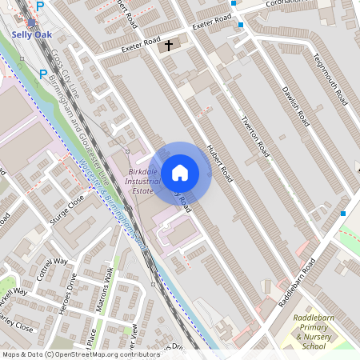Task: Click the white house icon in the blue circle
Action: tap(180, 172)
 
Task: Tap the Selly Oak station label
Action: tap(32, 34)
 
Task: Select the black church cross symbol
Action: tap(169, 46)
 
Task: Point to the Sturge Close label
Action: tap(66, 210)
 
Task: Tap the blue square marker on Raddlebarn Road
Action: tap(343, 214)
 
